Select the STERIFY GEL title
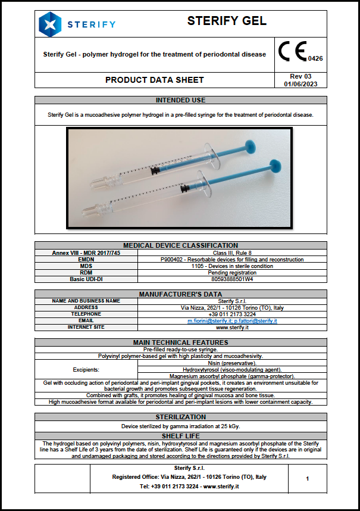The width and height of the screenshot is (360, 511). click(227, 21)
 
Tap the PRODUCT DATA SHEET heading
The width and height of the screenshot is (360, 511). click(154, 80)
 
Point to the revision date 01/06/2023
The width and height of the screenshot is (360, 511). click(300, 84)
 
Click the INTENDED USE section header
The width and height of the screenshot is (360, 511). click(180, 100)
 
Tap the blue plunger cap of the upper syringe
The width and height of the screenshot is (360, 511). click(253, 145)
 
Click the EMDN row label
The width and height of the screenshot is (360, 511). click(86, 259)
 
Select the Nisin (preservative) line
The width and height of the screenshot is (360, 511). click(232, 363)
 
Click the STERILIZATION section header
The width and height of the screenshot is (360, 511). click(180, 417)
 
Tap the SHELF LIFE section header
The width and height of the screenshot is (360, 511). click(180, 436)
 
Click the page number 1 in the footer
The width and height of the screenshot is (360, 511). click(307, 478)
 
